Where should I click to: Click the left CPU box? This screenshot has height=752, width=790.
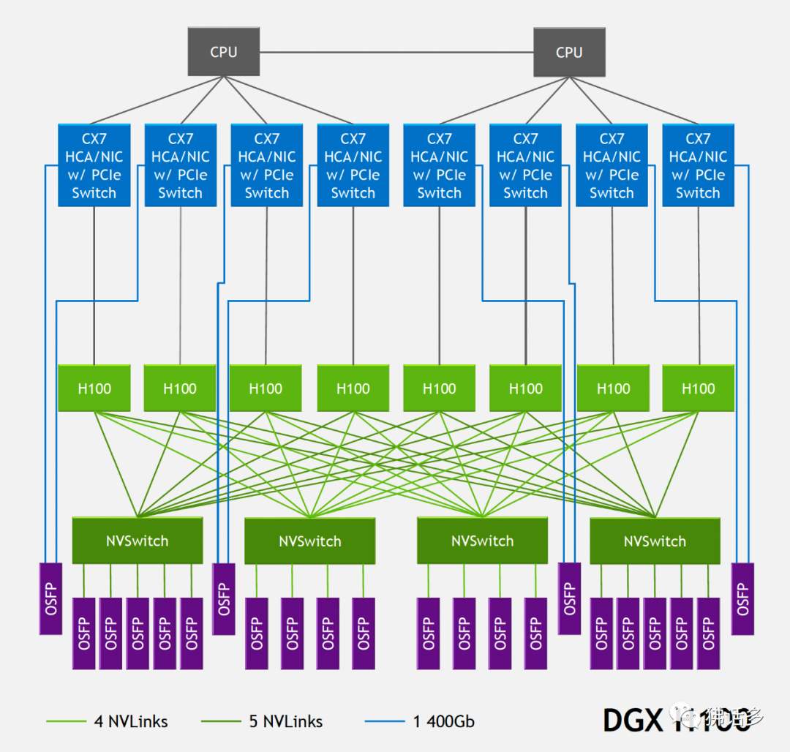coord(223,52)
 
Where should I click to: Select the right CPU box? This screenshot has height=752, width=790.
coord(569,52)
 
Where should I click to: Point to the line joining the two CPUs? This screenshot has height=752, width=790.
coord(396,52)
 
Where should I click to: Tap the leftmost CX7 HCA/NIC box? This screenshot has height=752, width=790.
coord(94,165)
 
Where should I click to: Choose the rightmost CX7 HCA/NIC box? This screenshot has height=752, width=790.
coord(698,165)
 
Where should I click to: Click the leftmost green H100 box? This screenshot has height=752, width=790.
coord(94,388)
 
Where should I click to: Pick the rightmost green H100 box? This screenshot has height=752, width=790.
coord(698,388)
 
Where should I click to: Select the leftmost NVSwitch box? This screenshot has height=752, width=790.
coord(137,541)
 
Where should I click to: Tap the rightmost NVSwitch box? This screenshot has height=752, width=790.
coord(655,541)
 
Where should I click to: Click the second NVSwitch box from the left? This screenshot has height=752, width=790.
coord(309,541)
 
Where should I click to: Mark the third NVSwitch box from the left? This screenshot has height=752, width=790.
coord(482,541)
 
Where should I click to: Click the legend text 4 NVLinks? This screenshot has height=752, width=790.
coord(131,721)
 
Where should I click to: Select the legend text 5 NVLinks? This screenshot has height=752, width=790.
coord(286,721)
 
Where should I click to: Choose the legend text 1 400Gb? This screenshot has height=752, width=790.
coord(443,721)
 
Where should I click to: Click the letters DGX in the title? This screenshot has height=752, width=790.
coord(631,720)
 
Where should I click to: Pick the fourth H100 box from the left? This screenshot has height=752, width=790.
coord(353,388)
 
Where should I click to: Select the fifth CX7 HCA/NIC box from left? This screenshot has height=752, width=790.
coord(439,165)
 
